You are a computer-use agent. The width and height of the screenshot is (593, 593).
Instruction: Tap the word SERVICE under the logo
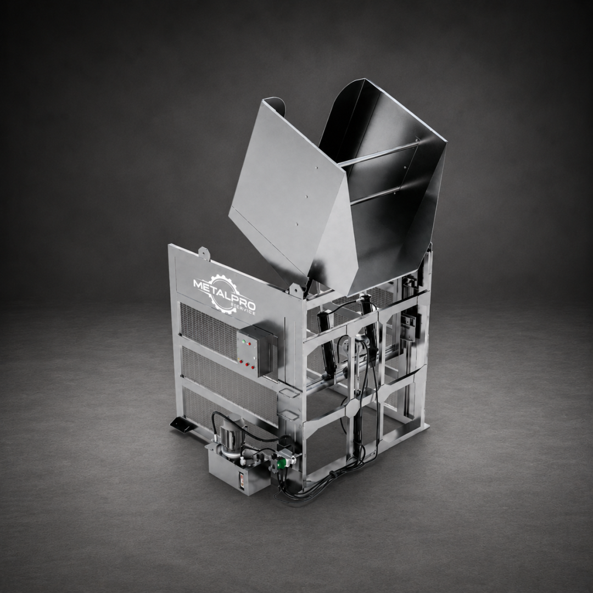[x=244, y=309]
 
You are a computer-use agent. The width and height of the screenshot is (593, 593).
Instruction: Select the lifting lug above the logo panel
[x=204, y=252]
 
